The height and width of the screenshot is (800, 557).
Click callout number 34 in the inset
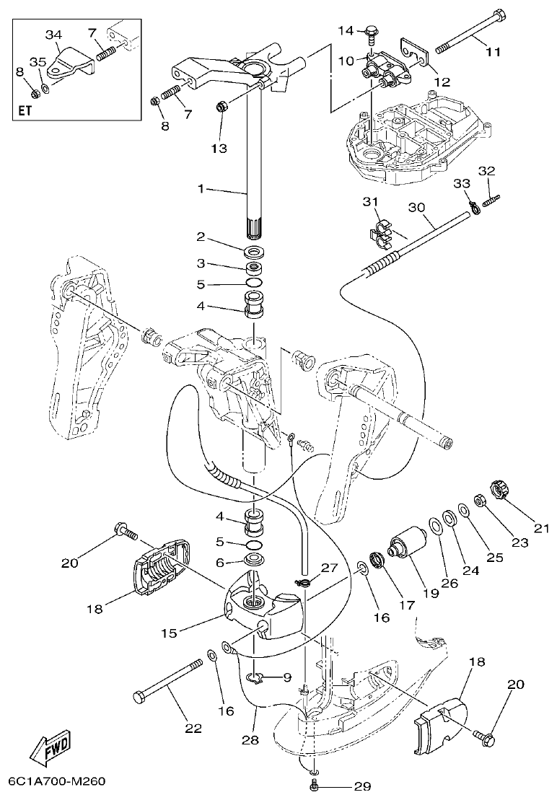click(x=53, y=35)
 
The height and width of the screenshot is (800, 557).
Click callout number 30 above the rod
click(x=416, y=207)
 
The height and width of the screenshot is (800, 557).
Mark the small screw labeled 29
click(x=314, y=783)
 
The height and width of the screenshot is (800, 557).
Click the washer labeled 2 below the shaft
click(x=253, y=252)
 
